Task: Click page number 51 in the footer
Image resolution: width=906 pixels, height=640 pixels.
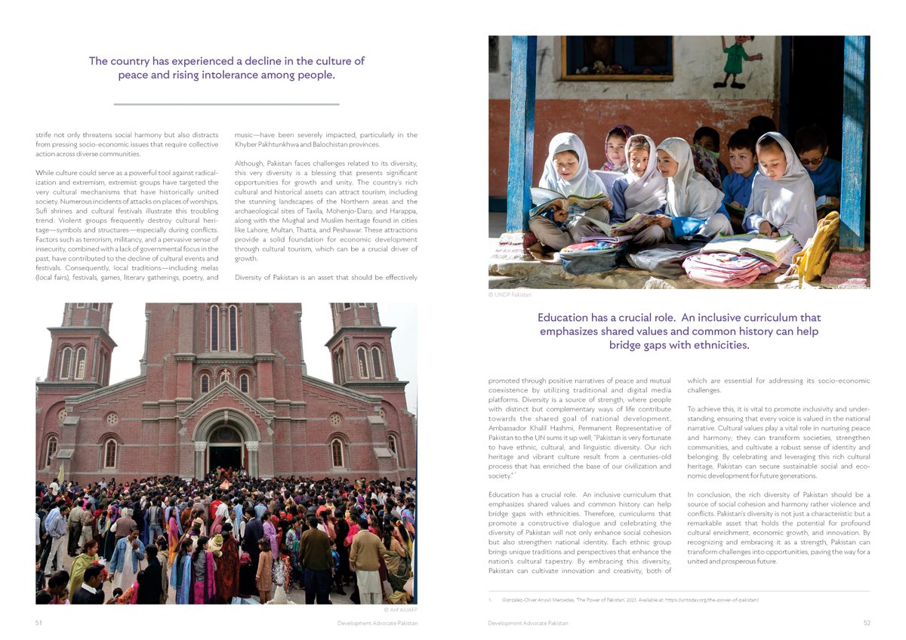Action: (x=39, y=623)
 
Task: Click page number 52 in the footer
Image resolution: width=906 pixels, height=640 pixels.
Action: (x=866, y=623)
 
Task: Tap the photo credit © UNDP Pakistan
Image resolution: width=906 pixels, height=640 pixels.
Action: (x=510, y=294)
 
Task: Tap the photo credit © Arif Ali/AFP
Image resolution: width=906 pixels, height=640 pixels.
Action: (x=399, y=609)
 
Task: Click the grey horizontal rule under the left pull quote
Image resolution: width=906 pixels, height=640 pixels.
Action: (x=226, y=104)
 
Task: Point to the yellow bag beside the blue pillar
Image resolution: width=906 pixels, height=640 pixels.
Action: (x=818, y=245)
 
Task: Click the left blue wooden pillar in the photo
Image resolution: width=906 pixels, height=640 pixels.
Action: (x=521, y=143)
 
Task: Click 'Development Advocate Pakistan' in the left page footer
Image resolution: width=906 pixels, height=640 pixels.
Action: (x=377, y=623)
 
